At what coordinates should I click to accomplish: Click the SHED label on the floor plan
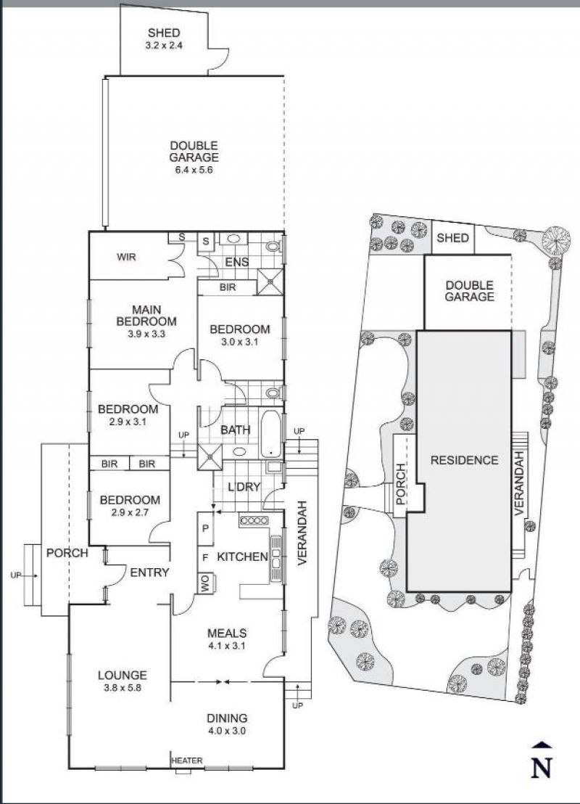(164, 33)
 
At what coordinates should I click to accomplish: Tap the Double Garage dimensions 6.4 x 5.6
(194, 170)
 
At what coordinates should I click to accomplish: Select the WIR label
(126, 256)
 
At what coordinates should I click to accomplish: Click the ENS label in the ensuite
(237, 262)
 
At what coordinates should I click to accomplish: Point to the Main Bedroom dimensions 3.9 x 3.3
(146, 334)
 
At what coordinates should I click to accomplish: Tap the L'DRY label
(244, 487)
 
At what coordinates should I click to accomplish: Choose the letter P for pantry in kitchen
(205, 528)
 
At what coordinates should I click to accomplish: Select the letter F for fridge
(205, 557)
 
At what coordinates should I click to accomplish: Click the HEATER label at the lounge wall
(187, 760)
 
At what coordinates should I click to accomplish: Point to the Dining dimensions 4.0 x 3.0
(226, 730)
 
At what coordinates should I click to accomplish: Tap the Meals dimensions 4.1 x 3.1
(226, 646)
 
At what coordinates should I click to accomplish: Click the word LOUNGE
(123, 676)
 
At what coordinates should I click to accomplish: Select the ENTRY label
(149, 573)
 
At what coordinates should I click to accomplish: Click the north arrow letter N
(541, 768)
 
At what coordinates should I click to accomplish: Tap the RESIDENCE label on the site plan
(464, 461)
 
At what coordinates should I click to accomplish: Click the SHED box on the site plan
(453, 237)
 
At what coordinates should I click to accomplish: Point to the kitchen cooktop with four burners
(254, 520)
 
